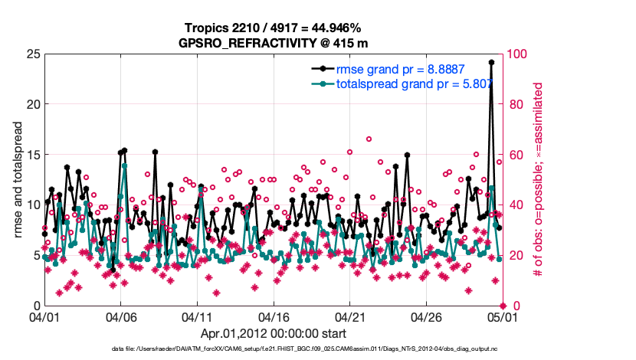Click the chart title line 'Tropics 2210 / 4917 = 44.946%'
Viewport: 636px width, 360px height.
pyautogui.click(x=273, y=28)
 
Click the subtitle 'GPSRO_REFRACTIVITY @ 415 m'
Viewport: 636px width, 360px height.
pyautogui.click(x=273, y=43)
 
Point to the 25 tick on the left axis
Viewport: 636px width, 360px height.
pyautogui.click(x=32, y=54)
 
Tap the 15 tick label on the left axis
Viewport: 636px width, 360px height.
pyautogui.click(x=32, y=155)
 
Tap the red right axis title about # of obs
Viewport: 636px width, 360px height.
pyautogui.click(x=538, y=180)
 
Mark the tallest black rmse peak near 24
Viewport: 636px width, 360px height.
pyautogui.click(x=491, y=63)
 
